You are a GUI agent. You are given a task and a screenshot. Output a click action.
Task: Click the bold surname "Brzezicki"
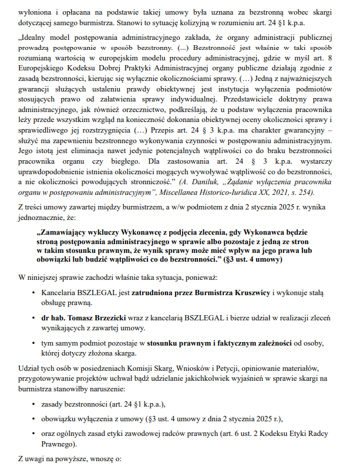[107, 319]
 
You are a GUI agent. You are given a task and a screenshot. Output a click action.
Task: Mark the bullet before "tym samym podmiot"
[34, 342]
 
